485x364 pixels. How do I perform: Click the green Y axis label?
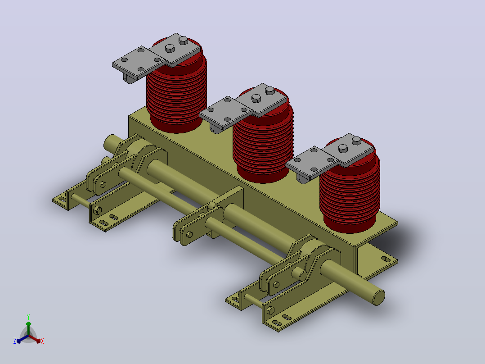pos(28,317)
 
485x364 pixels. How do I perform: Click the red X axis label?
pos(42,341)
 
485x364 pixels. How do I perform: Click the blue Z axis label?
pos(15,341)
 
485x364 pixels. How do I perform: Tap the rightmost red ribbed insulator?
pos(350,187)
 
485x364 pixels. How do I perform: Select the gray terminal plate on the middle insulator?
pos(243,106)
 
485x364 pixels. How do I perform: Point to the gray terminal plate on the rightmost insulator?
pos(330,156)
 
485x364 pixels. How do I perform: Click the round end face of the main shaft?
pos(379,298)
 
